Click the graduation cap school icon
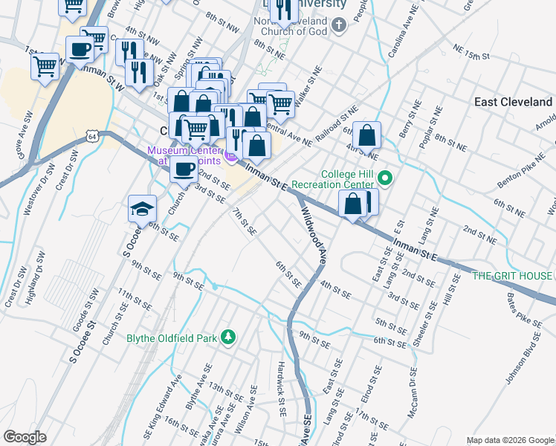pyautogui.click(x=142, y=210)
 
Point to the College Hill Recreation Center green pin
pyautogui.click(x=385, y=178)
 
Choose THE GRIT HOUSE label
pyautogui.click(x=513, y=276)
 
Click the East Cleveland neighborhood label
pyautogui.click(x=513, y=102)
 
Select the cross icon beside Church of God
pyautogui.click(x=338, y=27)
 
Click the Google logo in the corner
pyautogui.click(x=25, y=437)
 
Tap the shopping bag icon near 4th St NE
pyautogui.click(x=366, y=136)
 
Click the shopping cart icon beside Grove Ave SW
pyautogui.click(x=45, y=66)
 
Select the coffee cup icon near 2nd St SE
pyautogui.click(x=184, y=169)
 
